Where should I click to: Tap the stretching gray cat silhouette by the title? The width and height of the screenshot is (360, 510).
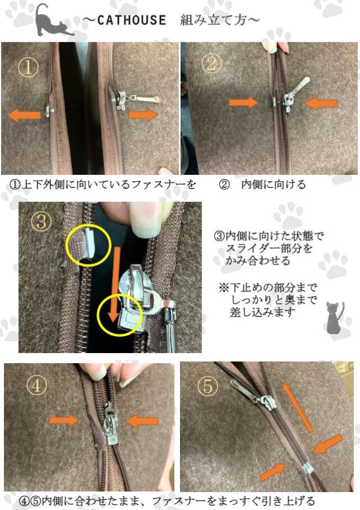click(53, 21)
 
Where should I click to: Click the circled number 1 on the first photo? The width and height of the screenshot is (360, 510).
click(28, 69)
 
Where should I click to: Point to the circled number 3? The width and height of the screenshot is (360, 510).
click(40, 220)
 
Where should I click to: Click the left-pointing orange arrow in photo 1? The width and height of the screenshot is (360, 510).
click(24, 115)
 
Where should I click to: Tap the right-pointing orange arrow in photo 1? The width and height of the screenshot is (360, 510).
click(143, 115)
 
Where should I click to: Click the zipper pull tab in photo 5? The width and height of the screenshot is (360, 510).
click(244, 389)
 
